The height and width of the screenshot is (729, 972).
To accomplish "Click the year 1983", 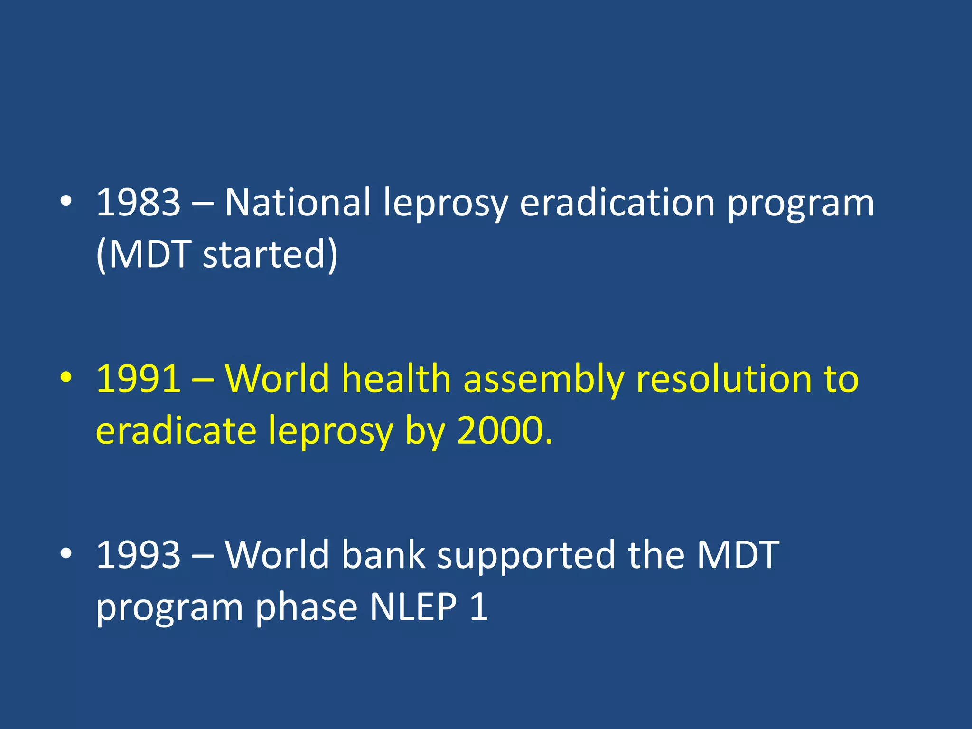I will pos(138,203).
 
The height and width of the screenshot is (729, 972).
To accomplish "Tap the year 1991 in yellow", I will pos(138,379).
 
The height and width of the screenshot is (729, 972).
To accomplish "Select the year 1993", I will pos(138,555).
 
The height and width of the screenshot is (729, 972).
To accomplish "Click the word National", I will pos(297,203).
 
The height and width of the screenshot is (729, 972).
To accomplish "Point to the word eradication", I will pos(617,203).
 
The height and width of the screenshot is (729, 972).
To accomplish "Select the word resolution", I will pos(724,379).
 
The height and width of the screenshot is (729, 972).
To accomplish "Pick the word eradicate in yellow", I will pos(176,430).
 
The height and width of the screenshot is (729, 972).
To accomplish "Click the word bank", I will pos(383,555).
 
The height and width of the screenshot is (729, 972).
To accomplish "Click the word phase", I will pos(306,607).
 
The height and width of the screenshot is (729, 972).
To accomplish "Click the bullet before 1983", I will pos(66,201).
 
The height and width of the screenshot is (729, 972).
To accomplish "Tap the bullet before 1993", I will pos(66,553).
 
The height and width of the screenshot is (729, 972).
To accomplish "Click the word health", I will pos(396,379).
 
